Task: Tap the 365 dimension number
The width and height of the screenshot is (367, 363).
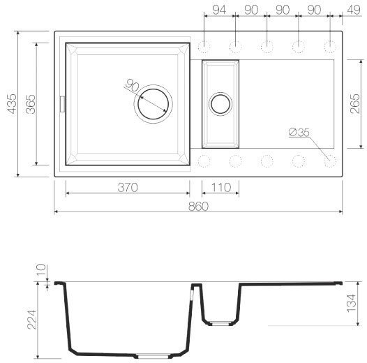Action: coord(29,103)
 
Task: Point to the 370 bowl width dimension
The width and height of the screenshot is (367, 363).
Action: coord(126,187)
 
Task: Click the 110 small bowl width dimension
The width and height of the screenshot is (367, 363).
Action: coord(220,187)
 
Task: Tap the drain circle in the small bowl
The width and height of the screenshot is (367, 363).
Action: coord(220,104)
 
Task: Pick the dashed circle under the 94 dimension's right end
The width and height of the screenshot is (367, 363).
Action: coord(235,47)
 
